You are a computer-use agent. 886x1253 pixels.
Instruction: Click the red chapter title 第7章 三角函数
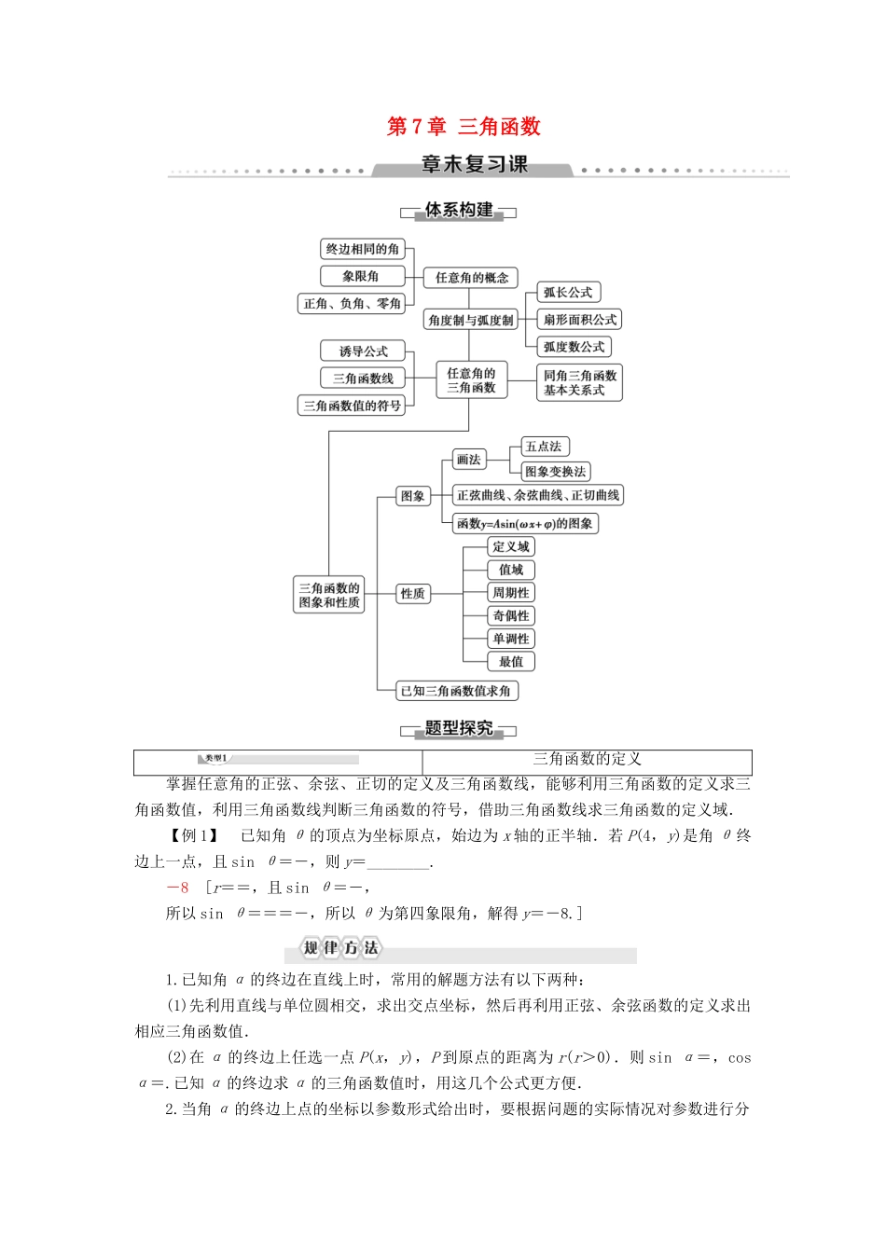[x=464, y=127]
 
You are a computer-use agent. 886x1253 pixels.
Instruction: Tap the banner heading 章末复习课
[x=474, y=165]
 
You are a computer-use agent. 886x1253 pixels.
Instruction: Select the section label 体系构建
[x=459, y=211]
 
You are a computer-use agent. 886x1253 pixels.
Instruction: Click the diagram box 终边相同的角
[x=363, y=249]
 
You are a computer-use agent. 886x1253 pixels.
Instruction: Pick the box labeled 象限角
[x=361, y=276]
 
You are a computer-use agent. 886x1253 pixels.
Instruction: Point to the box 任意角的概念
[x=472, y=278]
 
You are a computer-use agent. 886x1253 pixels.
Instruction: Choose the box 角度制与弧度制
[x=471, y=320]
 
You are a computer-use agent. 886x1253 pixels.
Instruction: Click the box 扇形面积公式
[x=579, y=320]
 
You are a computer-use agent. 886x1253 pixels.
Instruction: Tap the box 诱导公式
[x=363, y=351]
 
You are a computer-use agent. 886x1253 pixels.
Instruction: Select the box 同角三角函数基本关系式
[x=579, y=382]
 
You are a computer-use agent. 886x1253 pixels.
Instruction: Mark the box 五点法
[x=544, y=447]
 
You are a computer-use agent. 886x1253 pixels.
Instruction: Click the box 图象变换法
[x=555, y=472]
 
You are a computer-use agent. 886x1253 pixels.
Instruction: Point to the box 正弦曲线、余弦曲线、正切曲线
[x=538, y=496]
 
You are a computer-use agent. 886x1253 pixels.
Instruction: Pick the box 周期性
[x=511, y=593]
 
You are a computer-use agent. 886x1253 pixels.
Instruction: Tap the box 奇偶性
[x=511, y=616]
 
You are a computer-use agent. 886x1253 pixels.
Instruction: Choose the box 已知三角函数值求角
[x=456, y=691]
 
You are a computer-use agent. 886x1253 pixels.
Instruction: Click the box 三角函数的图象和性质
[x=329, y=595]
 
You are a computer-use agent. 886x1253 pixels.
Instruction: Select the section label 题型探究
[x=459, y=729]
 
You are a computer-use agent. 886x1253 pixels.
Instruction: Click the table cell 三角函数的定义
[x=587, y=760]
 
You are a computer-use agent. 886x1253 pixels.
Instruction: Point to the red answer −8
[x=177, y=888]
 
